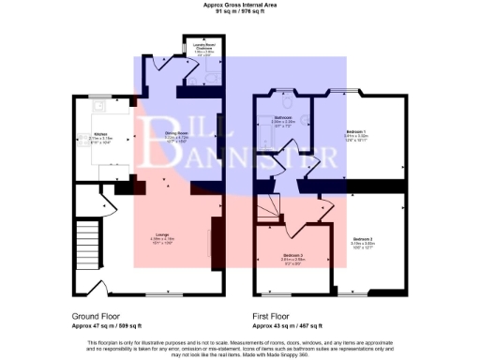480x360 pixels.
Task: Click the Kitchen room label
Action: [100, 137]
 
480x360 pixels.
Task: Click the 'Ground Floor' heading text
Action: [98, 316]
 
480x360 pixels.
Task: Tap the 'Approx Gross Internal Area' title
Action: [240, 5]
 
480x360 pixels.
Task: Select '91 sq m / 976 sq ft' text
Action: [240, 11]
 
